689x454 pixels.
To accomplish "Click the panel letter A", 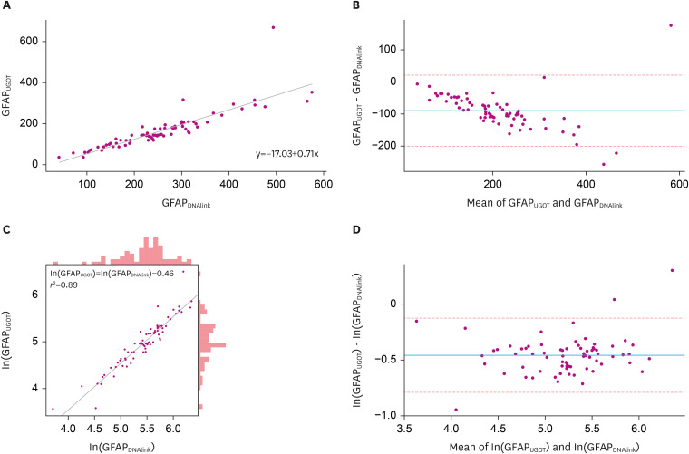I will tap(5, 5).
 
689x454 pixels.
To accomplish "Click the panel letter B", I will tap(359, 5).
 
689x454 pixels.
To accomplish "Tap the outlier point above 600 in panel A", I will tap(273, 27).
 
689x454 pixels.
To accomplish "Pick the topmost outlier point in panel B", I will tap(671, 25).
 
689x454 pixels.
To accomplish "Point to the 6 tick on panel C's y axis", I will tap(34, 295).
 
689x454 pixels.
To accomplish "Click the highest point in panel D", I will tap(672, 270).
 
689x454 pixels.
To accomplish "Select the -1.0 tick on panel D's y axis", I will tap(374, 415).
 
